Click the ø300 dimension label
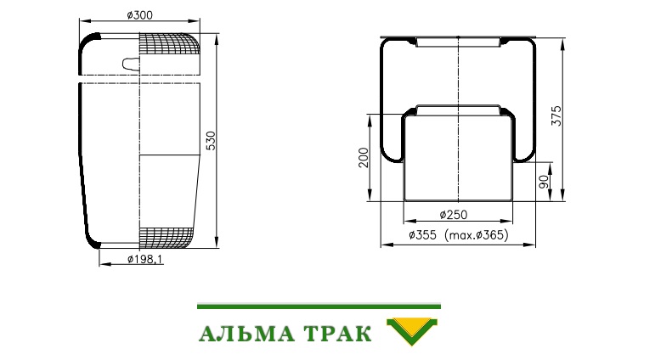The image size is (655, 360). click(x=139, y=15)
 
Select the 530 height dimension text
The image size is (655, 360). click(x=212, y=141)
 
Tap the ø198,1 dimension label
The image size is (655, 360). click(x=144, y=259)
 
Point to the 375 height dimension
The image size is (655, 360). click(x=556, y=115)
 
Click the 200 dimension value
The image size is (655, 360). click(x=364, y=157)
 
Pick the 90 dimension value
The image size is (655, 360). click(x=544, y=182)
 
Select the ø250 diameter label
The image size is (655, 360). click(x=454, y=215)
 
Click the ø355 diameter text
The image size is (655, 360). click(x=422, y=235)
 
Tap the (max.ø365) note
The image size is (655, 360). click(x=477, y=235)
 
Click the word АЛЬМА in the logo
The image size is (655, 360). click(x=246, y=334)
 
